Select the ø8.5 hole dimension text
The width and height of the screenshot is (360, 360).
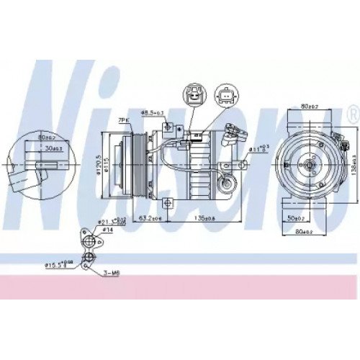point(149,113)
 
